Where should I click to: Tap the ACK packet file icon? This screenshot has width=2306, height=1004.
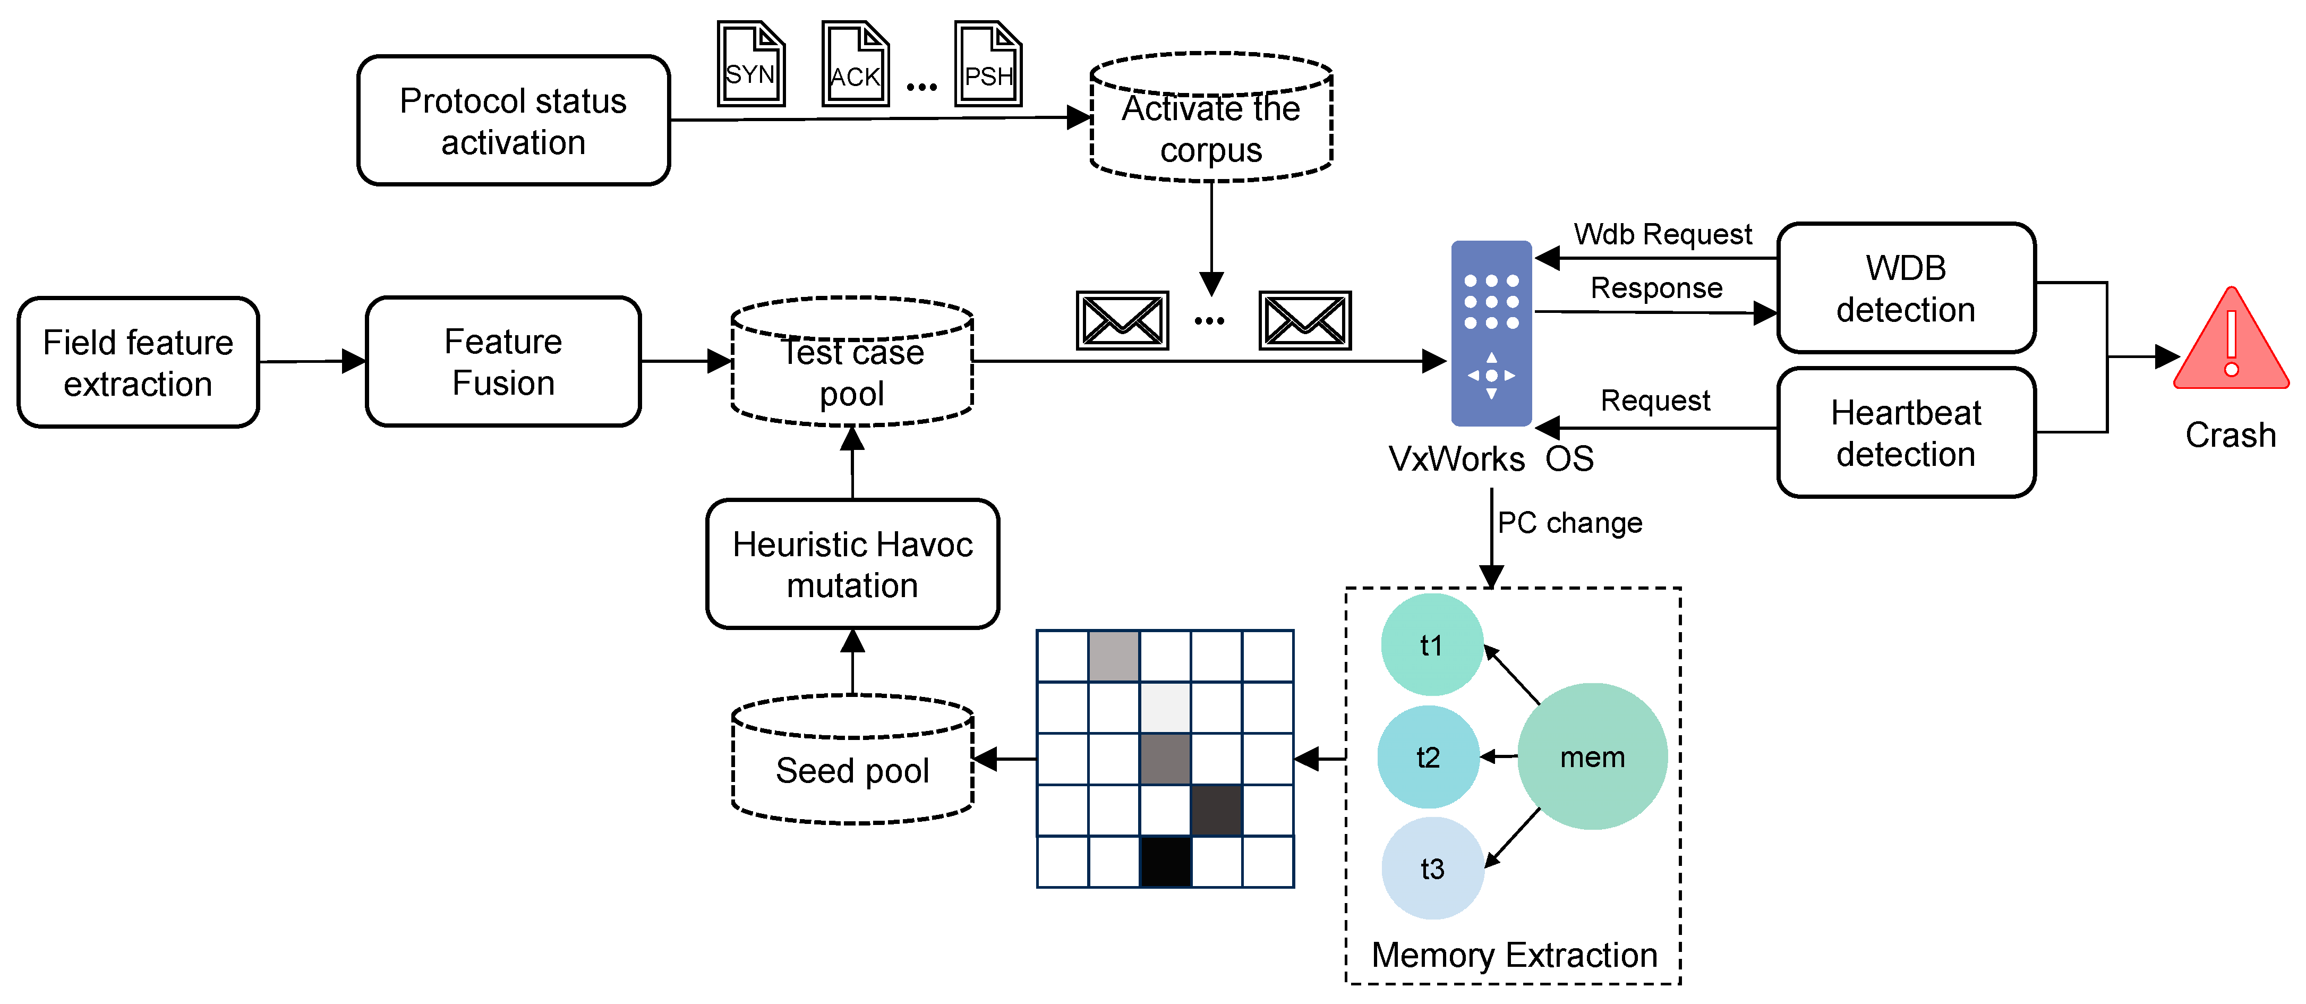click(x=855, y=64)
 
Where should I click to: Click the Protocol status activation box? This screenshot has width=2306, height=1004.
click(x=513, y=121)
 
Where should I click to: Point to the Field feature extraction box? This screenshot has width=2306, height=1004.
click(x=138, y=363)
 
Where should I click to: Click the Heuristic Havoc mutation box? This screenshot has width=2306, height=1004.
click(x=852, y=564)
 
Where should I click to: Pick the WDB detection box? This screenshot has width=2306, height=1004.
click(x=1906, y=288)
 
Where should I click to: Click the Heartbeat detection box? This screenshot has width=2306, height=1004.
click(x=1906, y=432)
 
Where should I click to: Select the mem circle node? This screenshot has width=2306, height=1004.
click(x=1592, y=757)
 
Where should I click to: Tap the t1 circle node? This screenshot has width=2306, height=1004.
click(x=1431, y=645)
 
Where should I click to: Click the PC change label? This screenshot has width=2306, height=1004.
click(x=1569, y=522)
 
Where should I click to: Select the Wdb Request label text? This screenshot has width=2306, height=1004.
click(x=1662, y=234)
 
